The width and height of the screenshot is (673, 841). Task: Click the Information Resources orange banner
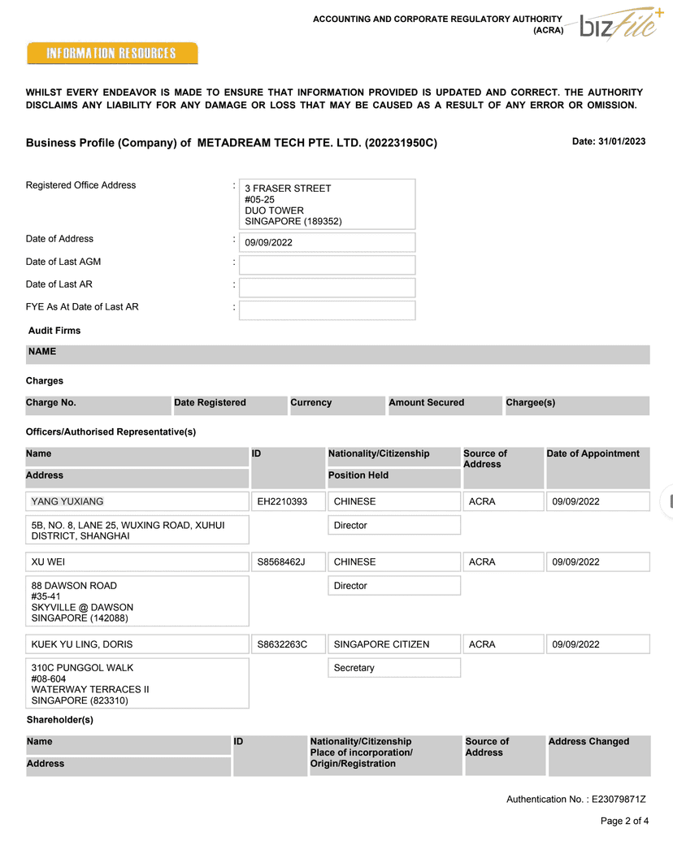point(112,54)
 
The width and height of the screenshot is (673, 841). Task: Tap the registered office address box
point(327,204)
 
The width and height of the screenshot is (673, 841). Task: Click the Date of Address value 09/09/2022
point(327,242)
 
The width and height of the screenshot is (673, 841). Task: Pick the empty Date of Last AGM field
point(327,265)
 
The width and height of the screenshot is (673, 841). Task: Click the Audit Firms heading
point(54,331)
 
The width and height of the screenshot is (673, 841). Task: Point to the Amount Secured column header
point(427,403)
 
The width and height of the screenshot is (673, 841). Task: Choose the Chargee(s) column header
point(531,403)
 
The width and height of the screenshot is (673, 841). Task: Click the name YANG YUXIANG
point(67,501)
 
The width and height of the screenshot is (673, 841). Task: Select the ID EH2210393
point(282,501)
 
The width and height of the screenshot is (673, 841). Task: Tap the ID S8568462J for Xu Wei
point(281,561)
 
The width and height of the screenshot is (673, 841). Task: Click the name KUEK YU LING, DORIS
point(82,644)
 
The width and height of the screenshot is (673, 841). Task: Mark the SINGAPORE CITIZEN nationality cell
point(381,644)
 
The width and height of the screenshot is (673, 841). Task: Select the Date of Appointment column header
point(593,454)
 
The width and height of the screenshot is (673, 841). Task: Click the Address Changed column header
point(589,742)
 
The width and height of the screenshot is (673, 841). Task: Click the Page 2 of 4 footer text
point(624,821)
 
